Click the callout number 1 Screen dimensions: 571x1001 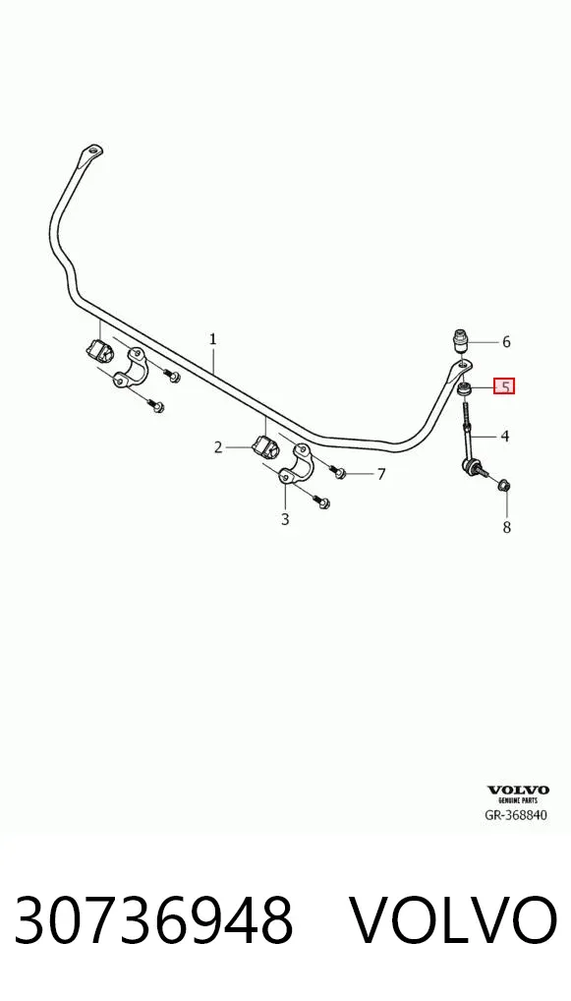click(212, 339)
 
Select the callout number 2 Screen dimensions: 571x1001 click(218, 447)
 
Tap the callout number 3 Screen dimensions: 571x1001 click(285, 519)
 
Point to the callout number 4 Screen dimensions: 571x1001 click(504, 437)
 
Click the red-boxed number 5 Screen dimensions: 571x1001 click(504, 386)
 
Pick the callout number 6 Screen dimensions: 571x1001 click(506, 342)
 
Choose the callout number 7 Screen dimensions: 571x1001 click(381, 474)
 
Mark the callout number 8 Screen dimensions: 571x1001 click(506, 527)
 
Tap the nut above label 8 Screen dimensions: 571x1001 click(503, 486)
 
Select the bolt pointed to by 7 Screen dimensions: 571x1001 click(337, 471)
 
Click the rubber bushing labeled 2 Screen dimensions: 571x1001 click(263, 448)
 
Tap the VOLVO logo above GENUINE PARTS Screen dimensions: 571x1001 click(518, 791)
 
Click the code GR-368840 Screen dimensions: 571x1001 click(517, 814)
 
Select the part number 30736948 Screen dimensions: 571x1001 click(153, 919)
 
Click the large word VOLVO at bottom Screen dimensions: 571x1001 click(455, 919)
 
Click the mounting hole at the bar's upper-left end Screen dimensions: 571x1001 click(93, 150)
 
